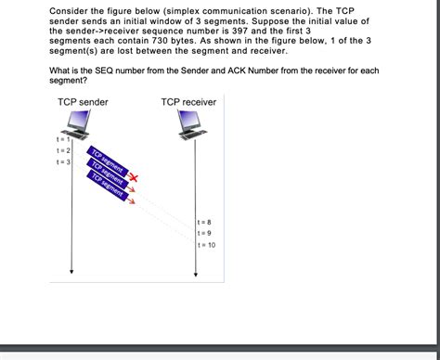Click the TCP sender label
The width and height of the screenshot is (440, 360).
[x=83, y=102]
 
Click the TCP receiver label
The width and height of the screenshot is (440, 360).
[x=188, y=102]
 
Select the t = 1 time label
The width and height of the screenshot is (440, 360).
[x=62, y=139]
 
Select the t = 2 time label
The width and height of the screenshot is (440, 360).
[x=63, y=150]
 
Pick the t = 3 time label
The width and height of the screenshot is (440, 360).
[x=63, y=162]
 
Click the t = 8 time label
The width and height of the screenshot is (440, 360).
[x=204, y=223]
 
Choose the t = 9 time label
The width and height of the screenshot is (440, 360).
[x=204, y=233]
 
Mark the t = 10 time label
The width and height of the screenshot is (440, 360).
[x=206, y=245]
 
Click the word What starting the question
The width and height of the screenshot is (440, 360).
[x=61, y=71]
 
